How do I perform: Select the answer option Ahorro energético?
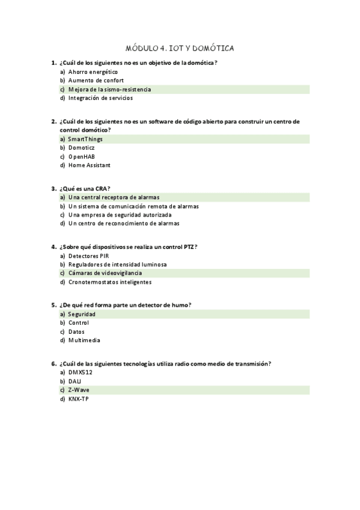93,72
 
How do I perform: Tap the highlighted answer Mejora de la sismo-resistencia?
109,90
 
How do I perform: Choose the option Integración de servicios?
100,98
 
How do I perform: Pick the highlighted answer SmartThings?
85,139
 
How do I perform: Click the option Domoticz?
81,147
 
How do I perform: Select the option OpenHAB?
81,156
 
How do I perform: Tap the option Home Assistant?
89,165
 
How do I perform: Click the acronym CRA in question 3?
101,188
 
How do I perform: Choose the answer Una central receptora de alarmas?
114,197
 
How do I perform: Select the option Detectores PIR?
88,256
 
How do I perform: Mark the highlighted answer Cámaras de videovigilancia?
105,273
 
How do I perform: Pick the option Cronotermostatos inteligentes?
109,281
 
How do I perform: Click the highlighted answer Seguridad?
82,314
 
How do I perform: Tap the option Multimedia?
84,340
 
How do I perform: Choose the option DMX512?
80,372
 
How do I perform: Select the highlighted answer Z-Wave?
79,390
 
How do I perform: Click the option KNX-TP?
79,398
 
